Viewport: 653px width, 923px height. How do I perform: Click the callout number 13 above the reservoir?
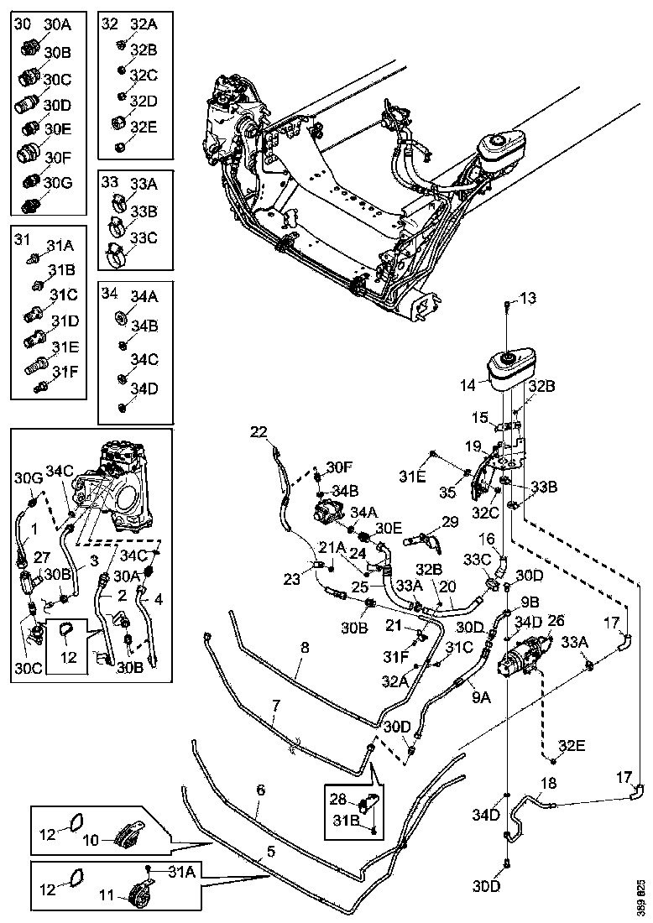click(527, 298)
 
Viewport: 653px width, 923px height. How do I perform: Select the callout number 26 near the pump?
click(556, 622)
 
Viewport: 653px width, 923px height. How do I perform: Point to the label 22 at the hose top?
click(259, 432)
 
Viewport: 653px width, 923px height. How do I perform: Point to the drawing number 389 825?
click(641, 898)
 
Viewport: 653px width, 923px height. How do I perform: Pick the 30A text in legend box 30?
click(57, 25)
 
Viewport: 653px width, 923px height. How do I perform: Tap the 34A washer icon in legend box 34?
click(121, 317)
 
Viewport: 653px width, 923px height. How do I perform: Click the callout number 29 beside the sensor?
click(450, 522)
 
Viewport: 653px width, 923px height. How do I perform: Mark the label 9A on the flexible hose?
click(481, 696)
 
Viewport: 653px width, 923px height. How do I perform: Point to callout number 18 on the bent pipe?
click(547, 784)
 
